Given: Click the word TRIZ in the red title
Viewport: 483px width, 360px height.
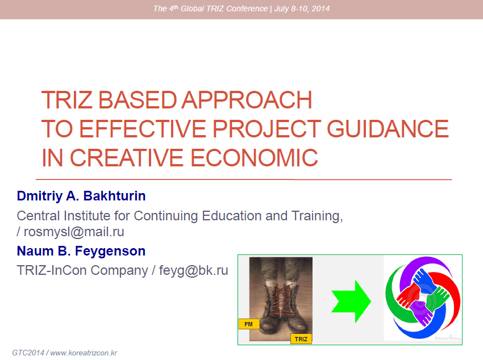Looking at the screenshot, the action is coord(66,100).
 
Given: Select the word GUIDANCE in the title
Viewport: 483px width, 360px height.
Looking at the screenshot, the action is coord(388,129).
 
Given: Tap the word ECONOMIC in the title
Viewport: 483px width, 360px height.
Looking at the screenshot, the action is coord(254,157).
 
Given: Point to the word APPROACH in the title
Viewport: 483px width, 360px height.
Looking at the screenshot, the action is coord(247,100).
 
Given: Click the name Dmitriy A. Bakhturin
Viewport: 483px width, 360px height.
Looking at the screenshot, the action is coord(81,196).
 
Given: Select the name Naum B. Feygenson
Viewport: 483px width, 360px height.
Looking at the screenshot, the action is coord(81,251).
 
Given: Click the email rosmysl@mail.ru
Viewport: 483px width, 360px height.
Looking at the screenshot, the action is coord(74,232).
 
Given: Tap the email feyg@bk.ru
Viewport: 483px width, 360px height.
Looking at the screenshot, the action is coord(193,270).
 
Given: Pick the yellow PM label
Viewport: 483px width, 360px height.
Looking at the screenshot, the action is coord(248,324).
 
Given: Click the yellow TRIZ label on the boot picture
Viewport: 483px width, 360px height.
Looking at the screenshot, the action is coord(301,339).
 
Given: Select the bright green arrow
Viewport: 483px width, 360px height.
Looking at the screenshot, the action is coord(351,302).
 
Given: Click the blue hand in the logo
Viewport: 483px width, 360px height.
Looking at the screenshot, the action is coord(424,281).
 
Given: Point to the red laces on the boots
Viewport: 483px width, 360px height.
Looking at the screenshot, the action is coord(281,300).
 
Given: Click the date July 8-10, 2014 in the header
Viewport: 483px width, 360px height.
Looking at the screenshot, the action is coord(302,9).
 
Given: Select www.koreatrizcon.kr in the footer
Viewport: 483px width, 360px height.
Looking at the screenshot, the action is coord(84,353).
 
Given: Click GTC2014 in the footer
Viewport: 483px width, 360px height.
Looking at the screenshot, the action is coord(28,353).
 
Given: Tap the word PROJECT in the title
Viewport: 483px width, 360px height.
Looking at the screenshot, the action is coord(267,129).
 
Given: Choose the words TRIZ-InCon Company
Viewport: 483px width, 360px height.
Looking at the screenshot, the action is coord(82,270).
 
